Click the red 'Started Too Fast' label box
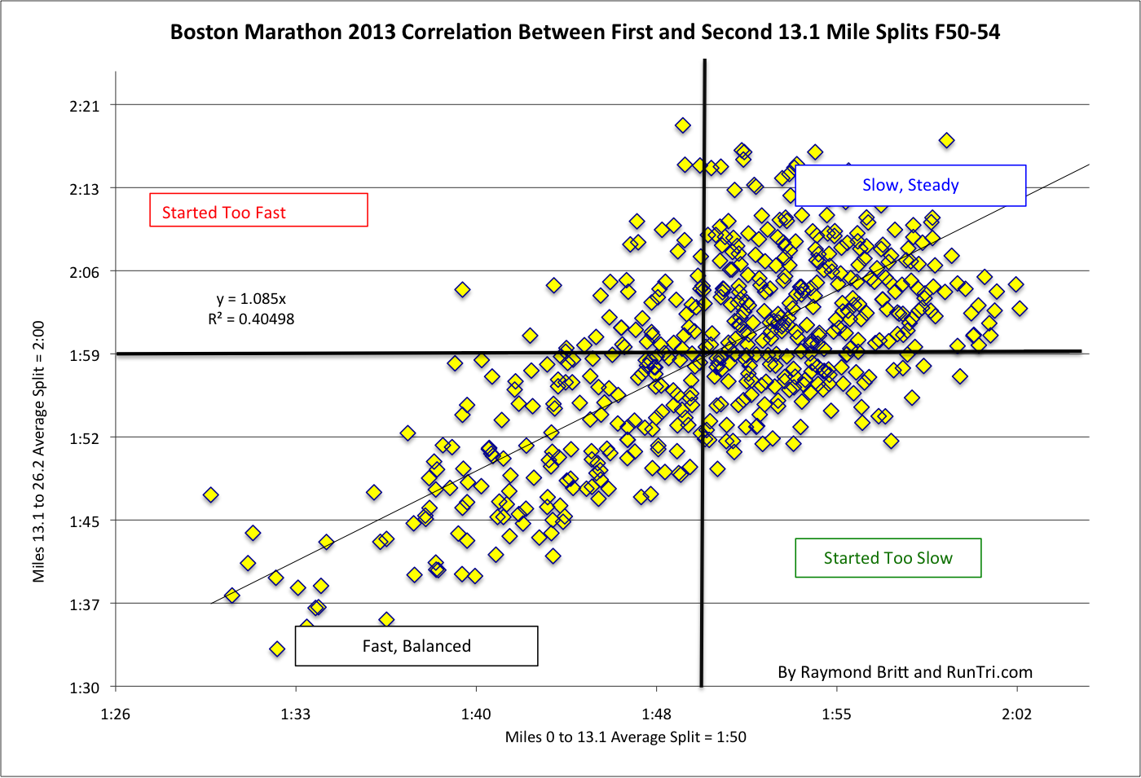258,210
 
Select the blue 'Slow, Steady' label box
910,186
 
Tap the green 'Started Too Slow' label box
888,558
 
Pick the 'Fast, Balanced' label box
416,646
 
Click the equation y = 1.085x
251,299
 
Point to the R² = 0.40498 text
251,319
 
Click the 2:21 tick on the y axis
85,106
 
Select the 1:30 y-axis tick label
85,688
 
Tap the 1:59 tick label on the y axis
85,355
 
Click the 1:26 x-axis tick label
115,714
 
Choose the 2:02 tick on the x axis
1016,714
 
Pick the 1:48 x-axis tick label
656,714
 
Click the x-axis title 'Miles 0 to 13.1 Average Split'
625,737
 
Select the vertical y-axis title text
38,451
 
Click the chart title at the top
584,32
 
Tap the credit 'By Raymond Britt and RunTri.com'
905,672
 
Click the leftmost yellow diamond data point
210,494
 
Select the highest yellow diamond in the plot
683,125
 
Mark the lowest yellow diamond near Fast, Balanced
277,649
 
